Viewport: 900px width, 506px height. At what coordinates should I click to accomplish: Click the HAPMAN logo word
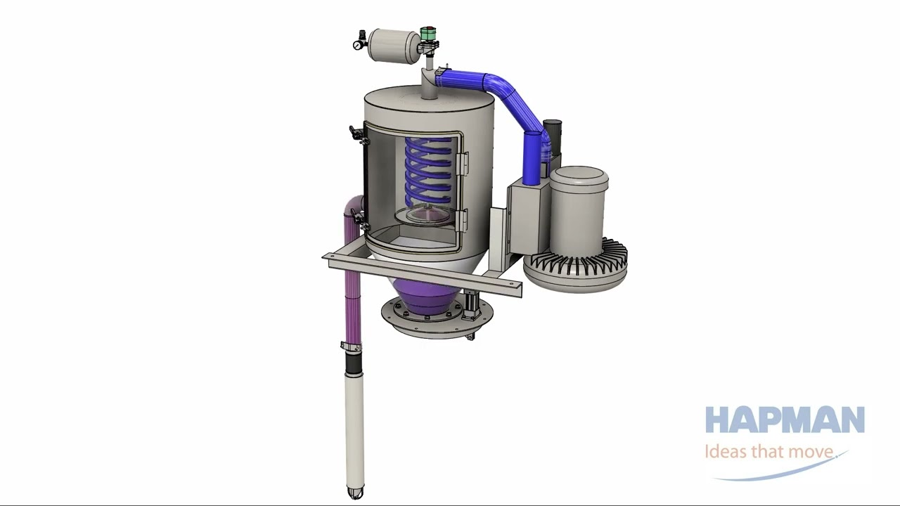[785, 420]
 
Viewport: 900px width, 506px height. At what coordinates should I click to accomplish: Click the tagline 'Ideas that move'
[769, 451]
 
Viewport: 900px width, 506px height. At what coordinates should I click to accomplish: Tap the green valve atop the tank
[427, 33]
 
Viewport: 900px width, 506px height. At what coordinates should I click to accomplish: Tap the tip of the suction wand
[354, 493]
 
